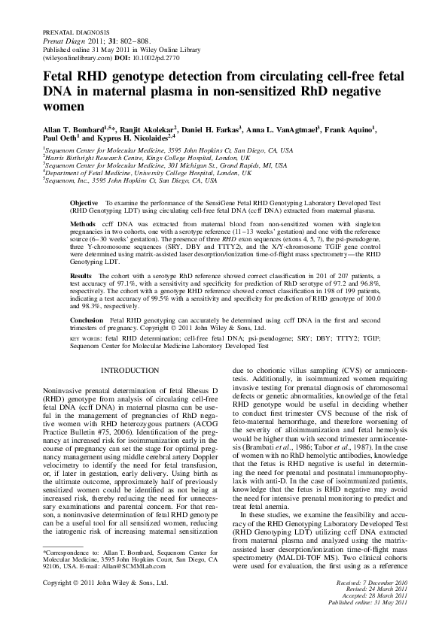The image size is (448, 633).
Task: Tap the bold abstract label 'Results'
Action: (83, 276)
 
